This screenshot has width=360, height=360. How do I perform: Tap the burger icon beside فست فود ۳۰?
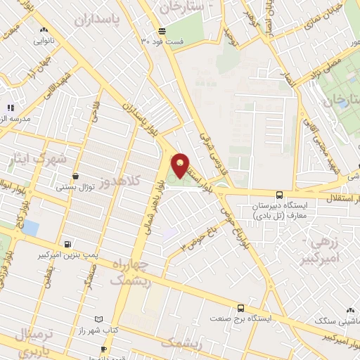point(162,31)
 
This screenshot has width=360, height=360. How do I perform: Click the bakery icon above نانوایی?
point(44,30)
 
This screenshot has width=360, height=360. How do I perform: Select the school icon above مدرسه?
point(11,108)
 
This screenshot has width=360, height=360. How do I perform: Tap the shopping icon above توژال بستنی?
point(75,176)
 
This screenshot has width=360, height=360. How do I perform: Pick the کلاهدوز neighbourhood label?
point(120,181)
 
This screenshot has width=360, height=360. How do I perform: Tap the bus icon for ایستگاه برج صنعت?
point(240,308)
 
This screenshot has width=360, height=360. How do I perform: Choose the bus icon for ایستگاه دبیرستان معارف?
point(279,194)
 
